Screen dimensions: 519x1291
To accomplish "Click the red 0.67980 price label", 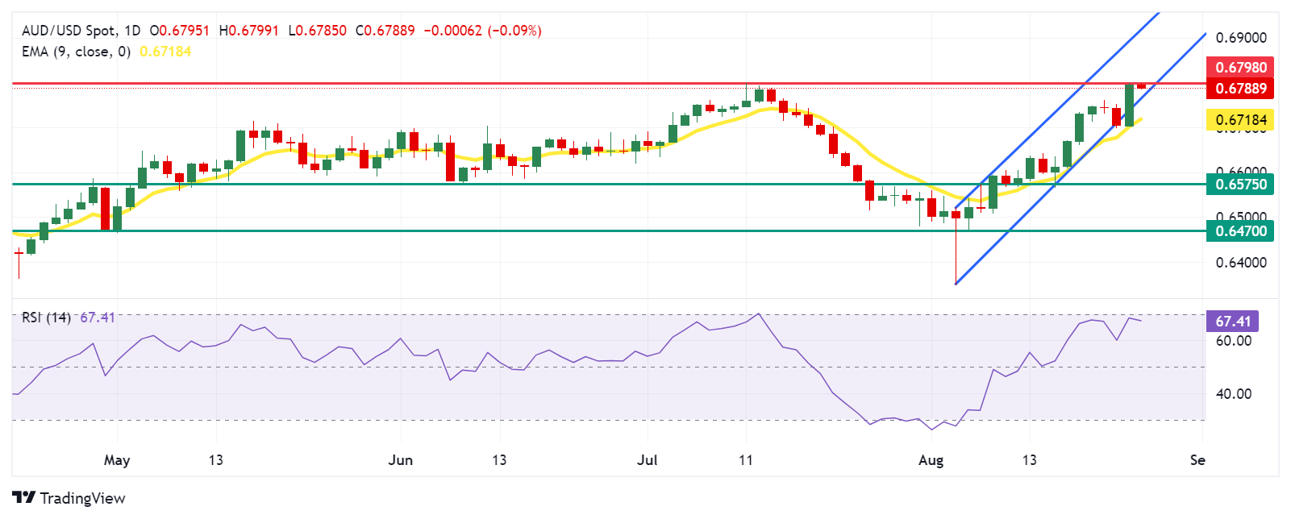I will pos(1240,67).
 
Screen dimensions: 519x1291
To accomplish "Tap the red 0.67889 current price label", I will pos(1240,88).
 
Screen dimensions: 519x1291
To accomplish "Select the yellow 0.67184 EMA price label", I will pos(1240,120).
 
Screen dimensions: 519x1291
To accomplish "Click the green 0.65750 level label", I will pos(1240,185).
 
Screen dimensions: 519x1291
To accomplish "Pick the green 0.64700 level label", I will pos(1240,231).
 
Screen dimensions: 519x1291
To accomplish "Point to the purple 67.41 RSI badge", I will pos(1232,322).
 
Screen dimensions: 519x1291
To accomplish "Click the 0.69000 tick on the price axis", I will pos(1240,38).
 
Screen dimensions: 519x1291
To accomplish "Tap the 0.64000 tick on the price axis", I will pos(1240,263).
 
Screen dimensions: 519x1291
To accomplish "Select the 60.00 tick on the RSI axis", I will pos(1233,341).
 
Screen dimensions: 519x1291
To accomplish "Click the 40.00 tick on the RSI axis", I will pos(1233,394).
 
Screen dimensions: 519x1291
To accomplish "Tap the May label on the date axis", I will pos(117,460).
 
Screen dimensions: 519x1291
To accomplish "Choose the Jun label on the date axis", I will pos(400,460).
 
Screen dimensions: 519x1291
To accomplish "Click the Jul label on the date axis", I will pos(647,460).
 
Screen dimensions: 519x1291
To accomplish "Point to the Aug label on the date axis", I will pos(931,460).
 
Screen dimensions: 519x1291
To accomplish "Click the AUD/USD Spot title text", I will pos(69,31).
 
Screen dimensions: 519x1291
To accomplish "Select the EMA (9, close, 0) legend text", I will pos(76,52).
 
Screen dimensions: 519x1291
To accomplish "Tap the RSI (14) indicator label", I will pos(46,318).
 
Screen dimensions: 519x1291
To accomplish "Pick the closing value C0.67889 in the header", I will pos(385,31).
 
